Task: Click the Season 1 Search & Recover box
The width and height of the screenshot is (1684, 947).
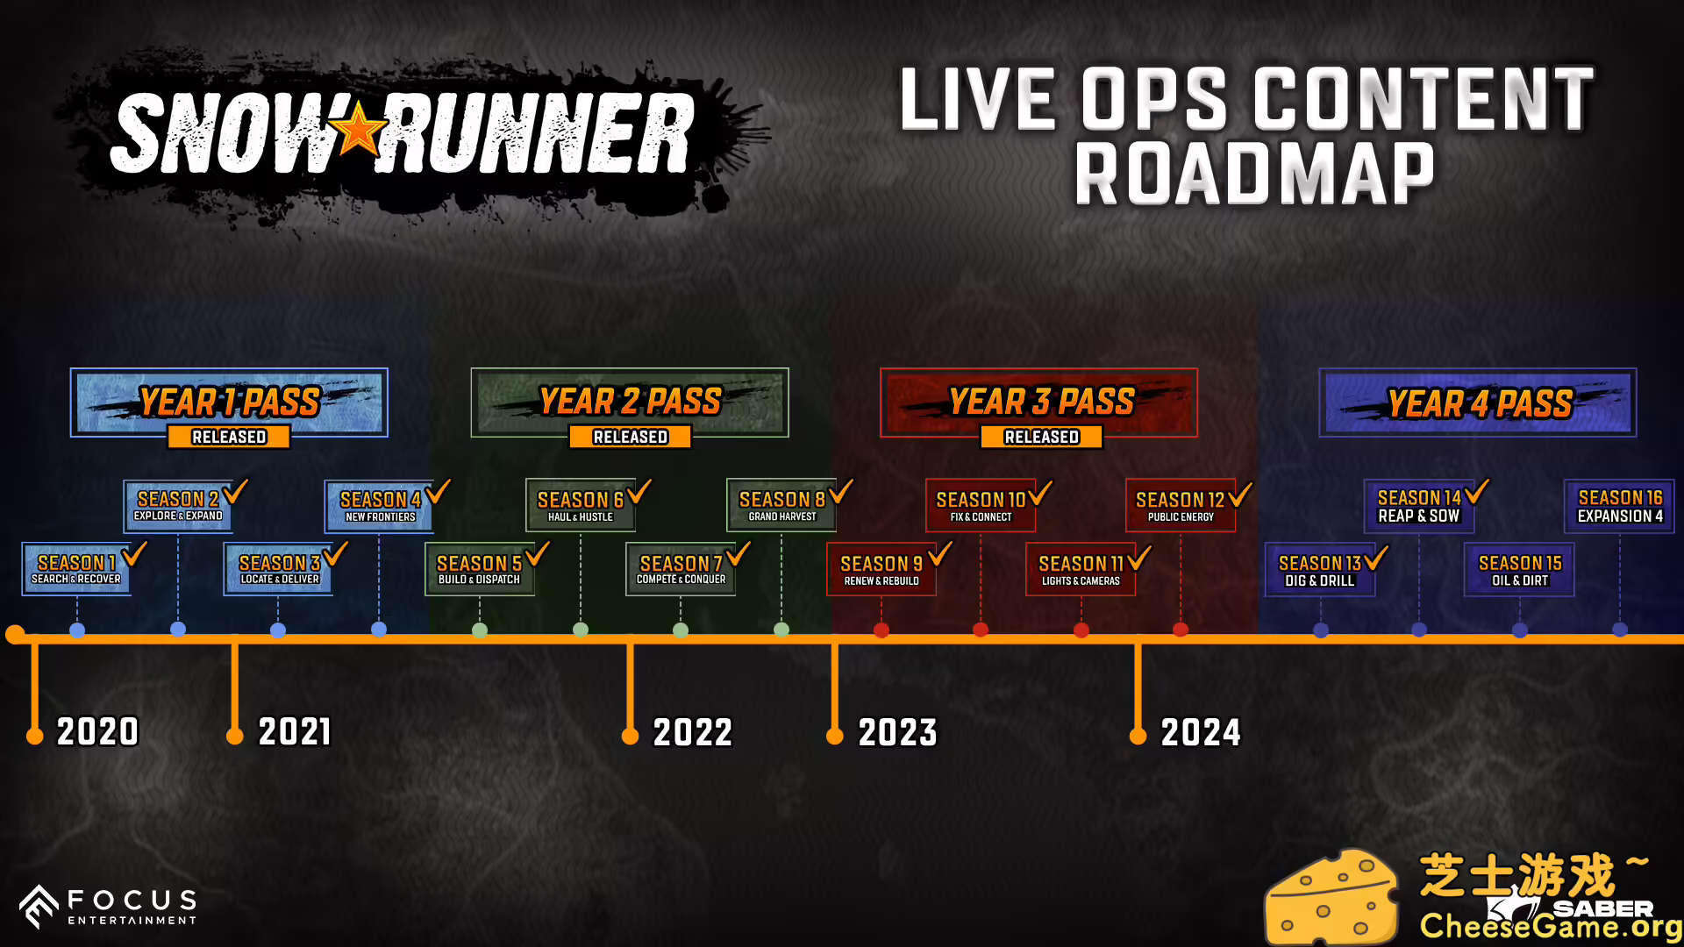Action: coord(76,569)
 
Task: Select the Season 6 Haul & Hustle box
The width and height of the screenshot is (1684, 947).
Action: coord(580,505)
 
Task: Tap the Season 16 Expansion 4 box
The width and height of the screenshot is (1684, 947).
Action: coord(1619,506)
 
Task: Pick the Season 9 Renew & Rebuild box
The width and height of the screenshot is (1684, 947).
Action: coord(881,569)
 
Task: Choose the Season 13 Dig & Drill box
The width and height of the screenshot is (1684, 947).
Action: coord(1319,570)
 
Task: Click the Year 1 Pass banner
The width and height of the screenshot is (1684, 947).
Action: coord(229,402)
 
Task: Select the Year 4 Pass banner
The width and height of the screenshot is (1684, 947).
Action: coord(1478,402)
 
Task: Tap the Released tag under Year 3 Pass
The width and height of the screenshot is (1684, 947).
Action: coord(1041,437)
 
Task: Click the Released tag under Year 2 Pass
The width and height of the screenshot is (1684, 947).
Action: coord(630,437)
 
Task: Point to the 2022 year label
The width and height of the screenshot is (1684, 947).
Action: coord(693,732)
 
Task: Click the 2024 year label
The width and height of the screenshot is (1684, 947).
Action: coord(1201,732)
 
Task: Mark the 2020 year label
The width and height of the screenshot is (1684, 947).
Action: coord(97,731)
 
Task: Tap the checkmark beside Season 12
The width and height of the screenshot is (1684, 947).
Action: coord(1240,494)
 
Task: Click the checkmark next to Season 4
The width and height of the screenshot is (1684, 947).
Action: coord(437,491)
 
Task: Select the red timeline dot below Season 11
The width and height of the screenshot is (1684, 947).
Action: coord(1081,630)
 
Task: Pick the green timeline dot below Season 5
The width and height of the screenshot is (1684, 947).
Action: coord(480,630)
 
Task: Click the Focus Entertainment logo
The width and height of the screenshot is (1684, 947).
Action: coord(109,907)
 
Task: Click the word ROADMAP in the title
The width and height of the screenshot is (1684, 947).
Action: coord(1255,174)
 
